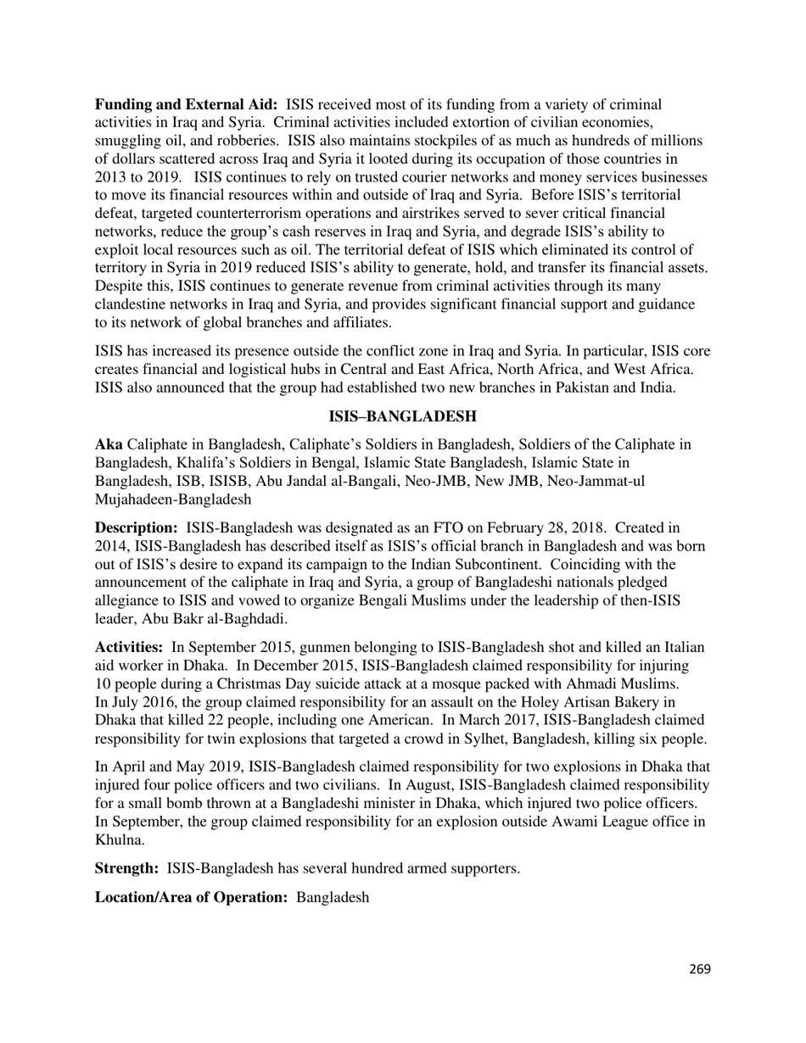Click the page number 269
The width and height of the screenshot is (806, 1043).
[699, 969]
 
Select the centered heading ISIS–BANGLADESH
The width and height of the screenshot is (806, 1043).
[402, 416]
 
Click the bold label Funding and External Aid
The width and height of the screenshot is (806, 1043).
[186, 104]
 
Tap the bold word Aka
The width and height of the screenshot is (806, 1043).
[109, 444]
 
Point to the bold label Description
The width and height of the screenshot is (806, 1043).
[136, 528]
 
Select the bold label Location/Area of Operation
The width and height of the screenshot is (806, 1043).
[191, 896]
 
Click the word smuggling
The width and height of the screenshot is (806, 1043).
[128, 141]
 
